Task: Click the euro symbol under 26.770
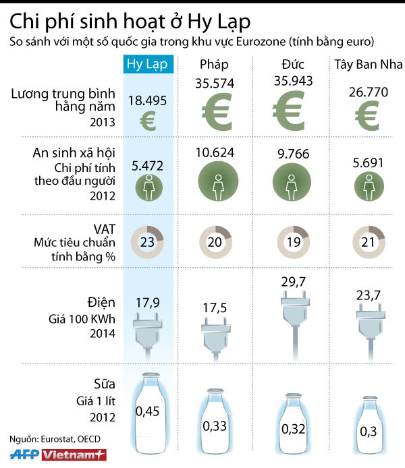[x=365, y=115]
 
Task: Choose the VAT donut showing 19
[x=292, y=241]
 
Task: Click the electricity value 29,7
[x=292, y=280]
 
